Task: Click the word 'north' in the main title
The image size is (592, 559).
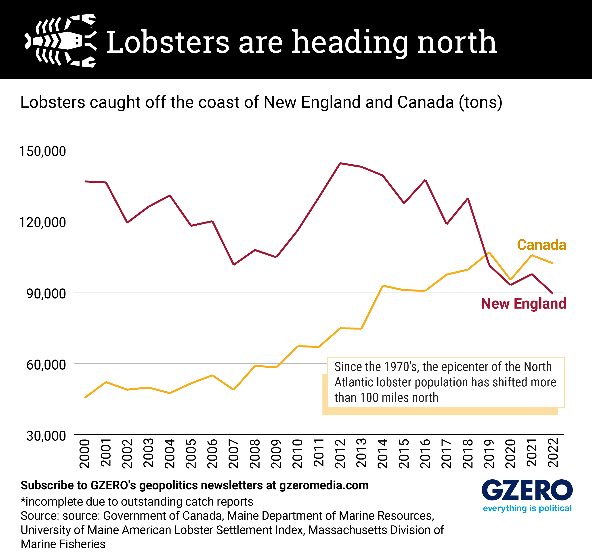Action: [457, 43]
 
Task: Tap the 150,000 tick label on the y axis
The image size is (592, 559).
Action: [42, 151]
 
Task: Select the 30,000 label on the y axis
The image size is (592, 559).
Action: [46, 436]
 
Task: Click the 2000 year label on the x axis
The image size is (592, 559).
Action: [85, 453]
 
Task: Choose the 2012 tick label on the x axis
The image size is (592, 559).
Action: [340, 453]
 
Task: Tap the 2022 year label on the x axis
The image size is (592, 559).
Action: [553, 453]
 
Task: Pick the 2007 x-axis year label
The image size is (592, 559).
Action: [234, 453]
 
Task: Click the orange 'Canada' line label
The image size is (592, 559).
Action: [541, 245]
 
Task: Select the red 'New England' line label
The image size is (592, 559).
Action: [523, 303]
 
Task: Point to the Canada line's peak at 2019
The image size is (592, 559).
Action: [489, 252]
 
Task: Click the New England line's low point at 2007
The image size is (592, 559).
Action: [234, 265]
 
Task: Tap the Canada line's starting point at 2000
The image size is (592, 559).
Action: [85, 397]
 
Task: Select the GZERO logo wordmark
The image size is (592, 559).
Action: [527, 490]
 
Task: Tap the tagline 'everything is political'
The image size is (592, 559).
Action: [527, 508]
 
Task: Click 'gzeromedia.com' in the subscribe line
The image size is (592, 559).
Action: [324, 486]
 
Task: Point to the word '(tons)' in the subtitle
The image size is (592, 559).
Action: [480, 102]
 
